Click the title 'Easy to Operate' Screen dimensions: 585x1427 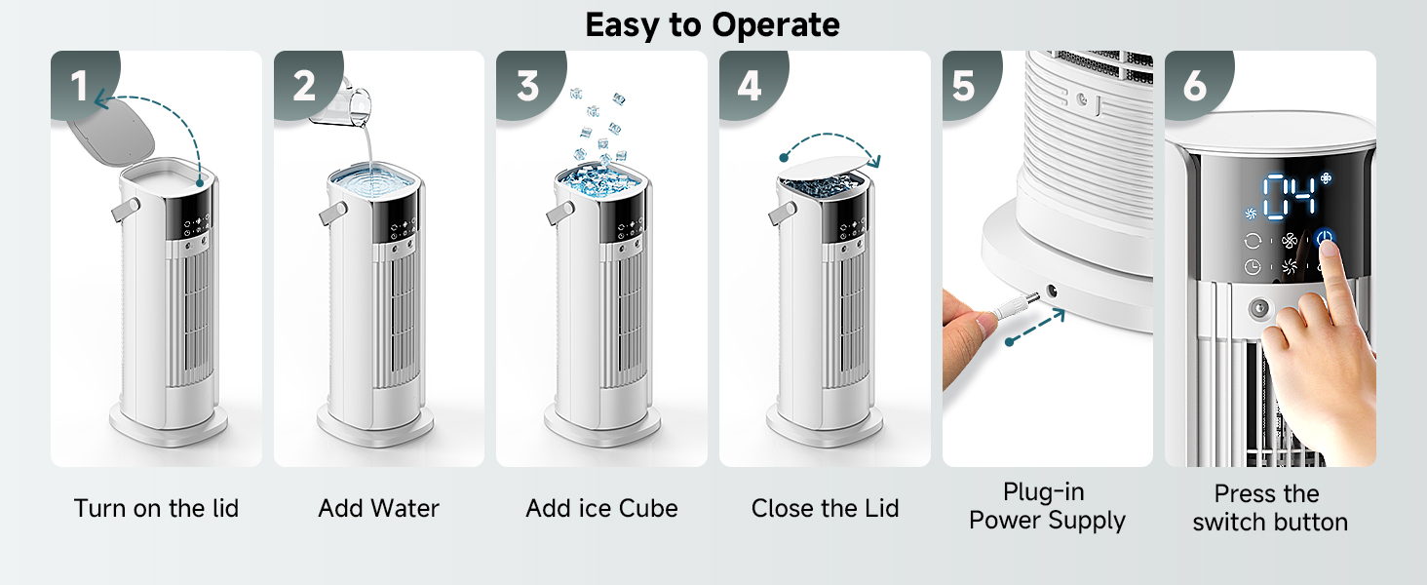(x=713, y=24)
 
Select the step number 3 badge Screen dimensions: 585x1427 (x=527, y=87)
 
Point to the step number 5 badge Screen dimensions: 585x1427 (x=963, y=87)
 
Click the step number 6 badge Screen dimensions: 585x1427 (x=1194, y=87)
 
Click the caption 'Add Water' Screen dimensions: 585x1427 (x=378, y=508)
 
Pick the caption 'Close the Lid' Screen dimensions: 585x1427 (x=825, y=508)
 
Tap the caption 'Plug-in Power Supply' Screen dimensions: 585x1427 (x=1047, y=506)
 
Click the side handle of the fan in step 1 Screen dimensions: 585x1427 (x=125, y=208)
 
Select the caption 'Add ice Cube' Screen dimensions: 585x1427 (x=601, y=508)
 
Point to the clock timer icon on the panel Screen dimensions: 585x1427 (x=1252, y=266)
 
